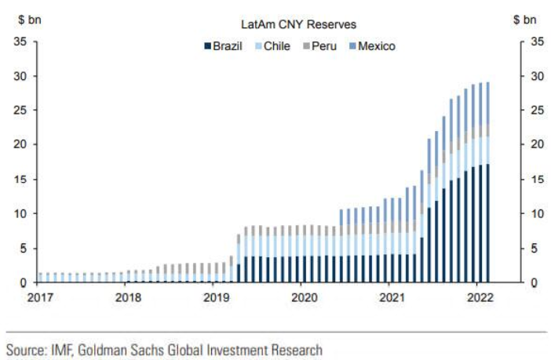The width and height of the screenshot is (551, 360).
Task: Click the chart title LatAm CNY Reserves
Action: [x=287, y=25]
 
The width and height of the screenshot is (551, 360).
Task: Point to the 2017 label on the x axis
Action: [x=41, y=298]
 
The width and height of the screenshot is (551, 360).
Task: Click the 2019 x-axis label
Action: [x=217, y=298]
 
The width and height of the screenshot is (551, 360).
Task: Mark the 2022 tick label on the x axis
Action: [x=480, y=298]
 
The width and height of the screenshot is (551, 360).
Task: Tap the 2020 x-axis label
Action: [x=305, y=298]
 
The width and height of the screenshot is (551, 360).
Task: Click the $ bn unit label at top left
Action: [x=30, y=18]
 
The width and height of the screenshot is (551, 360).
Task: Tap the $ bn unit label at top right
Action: [x=525, y=18]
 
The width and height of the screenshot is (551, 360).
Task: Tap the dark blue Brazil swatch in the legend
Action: [x=207, y=46]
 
